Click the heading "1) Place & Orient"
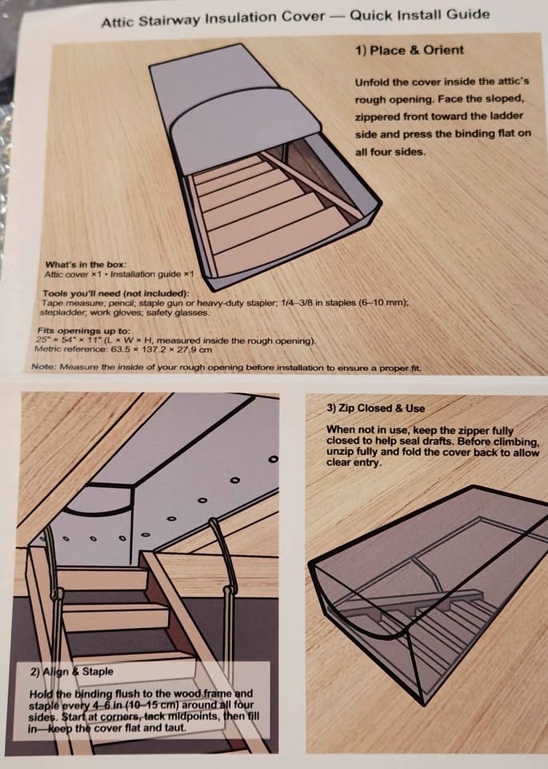click(x=409, y=50)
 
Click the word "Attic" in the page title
click(x=118, y=22)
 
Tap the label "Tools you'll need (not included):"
click(x=110, y=294)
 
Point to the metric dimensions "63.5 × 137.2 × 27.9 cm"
click(x=161, y=349)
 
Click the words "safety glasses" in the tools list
click(x=185, y=312)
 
